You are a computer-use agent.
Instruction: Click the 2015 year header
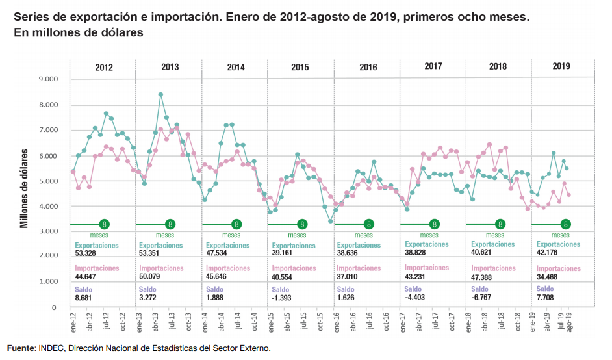(x=300, y=67)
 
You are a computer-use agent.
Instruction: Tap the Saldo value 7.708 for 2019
(x=548, y=298)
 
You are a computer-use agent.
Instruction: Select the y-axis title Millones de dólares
(x=25, y=188)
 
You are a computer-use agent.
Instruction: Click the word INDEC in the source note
(x=53, y=349)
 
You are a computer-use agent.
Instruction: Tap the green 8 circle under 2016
(x=368, y=224)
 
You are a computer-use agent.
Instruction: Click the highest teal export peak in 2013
(x=160, y=95)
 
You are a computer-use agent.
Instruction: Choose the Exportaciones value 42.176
(x=550, y=253)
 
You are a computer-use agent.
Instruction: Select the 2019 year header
(x=561, y=66)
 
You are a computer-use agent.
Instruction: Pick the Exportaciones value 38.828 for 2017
(x=418, y=253)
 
